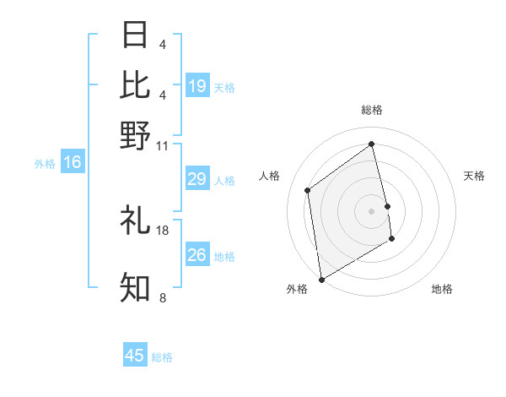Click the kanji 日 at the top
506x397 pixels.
coord(136,35)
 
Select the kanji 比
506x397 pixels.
coord(136,84)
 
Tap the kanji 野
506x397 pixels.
coord(136,135)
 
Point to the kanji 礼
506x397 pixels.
coord(136,220)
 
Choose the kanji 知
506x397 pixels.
coord(136,288)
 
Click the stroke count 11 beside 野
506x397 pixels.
coord(163,145)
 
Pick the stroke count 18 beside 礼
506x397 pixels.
coord(163,230)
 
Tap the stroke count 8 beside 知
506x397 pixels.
coord(163,297)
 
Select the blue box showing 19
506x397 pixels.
coord(197,85)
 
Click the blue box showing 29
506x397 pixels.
coord(197,179)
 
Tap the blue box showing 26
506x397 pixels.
coord(197,255)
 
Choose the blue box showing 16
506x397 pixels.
coord(73,162)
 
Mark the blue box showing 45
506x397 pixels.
coord(135,356)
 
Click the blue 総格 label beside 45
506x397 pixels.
coord(162,357)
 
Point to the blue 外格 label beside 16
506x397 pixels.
coord(44,164)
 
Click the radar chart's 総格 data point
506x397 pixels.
coord(371,144)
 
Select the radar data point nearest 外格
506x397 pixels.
coord(321,280)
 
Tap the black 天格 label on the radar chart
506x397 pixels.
coord(474,176)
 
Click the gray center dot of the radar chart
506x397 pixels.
coord(371,210)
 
